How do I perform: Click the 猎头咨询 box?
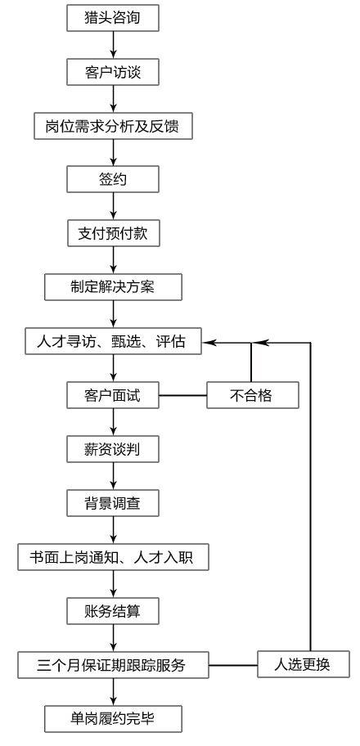(x=113, y=18)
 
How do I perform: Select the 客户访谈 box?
(x=113, y=72)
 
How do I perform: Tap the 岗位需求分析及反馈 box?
(x=114, y=126)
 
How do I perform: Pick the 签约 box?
(x=113, y=179)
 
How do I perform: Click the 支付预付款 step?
(x=114, y=233)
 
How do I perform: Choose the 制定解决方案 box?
(x=114, y=287)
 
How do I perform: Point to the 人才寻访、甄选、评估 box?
(x=114, y=340)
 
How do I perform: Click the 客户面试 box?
(x=113, y=395)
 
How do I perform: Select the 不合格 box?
(x=252, y=395)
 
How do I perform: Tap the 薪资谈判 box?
(x=113, y=448)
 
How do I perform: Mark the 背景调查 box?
(x=113, y=502)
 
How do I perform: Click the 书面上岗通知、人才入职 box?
(x=114, y=557)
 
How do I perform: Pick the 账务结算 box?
(x=113, y=610)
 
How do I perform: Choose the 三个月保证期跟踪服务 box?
(x=114, y=665)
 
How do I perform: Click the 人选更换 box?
(x=304, y=664)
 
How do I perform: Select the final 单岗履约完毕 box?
(x=114, y=718)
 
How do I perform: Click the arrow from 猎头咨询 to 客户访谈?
(x=114, y=45)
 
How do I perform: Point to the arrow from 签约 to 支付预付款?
(x=114, y=206)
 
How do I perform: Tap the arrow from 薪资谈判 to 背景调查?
(x=114, y=476)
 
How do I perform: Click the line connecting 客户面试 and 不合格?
(x=182, y=395)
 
